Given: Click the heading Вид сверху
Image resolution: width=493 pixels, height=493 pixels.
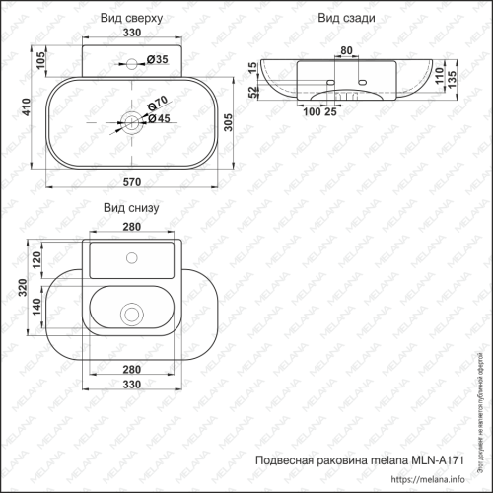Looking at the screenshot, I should [x=131, y=19].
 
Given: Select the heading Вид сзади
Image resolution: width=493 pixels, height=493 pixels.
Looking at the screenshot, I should [x=342, y=19].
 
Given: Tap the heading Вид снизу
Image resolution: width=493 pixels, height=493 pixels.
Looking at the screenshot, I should [x=130, y=208].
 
